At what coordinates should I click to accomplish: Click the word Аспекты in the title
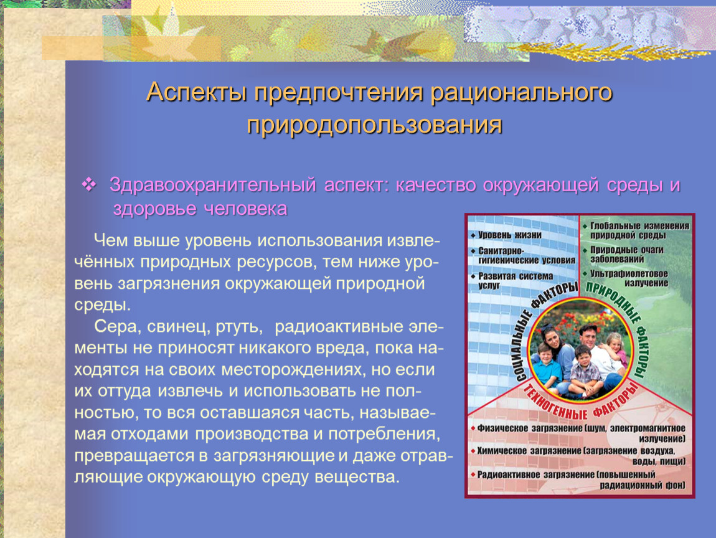(197, 92)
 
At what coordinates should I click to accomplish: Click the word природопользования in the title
(374, 125)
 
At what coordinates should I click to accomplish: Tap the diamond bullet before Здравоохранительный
(89, 184)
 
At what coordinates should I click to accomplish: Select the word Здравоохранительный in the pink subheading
(213, 185)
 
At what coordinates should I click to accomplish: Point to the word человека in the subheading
(246, 209)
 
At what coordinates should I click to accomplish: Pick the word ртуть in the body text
(239, 327)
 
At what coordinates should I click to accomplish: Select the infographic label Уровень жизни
(509, 235)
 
